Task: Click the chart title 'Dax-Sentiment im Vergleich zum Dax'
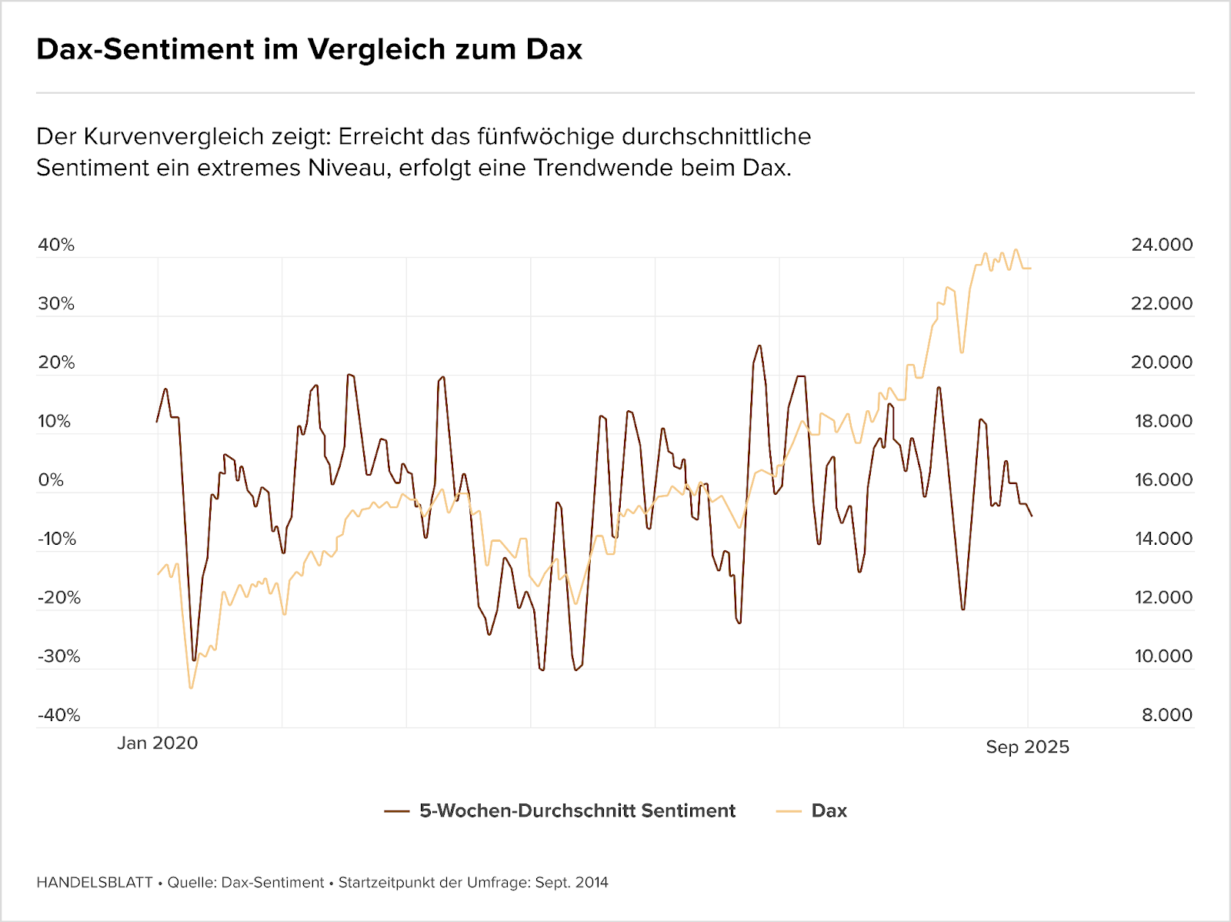pos(309,49)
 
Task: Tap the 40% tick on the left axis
pos(56,245)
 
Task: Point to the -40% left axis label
pos(59,715)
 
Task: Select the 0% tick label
pos(51,480)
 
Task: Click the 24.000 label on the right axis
pos(1162,245)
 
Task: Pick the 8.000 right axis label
pos(1167,715)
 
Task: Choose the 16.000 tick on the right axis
pos(1163,480)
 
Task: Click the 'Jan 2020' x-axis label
pos(158,743)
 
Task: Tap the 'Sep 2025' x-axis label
pos(1028,747)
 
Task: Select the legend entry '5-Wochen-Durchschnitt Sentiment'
pos(577,810)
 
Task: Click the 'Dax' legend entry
pos(829,810)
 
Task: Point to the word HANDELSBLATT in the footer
pos(95,883)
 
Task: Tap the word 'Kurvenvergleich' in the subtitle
pos(207,137)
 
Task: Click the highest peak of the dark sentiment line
pos(759,346)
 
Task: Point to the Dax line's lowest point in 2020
pos(191,687)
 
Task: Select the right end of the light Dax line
pos(1031,268)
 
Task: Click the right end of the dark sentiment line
pos(1032,516)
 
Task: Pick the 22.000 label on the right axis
pos(1162,303)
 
